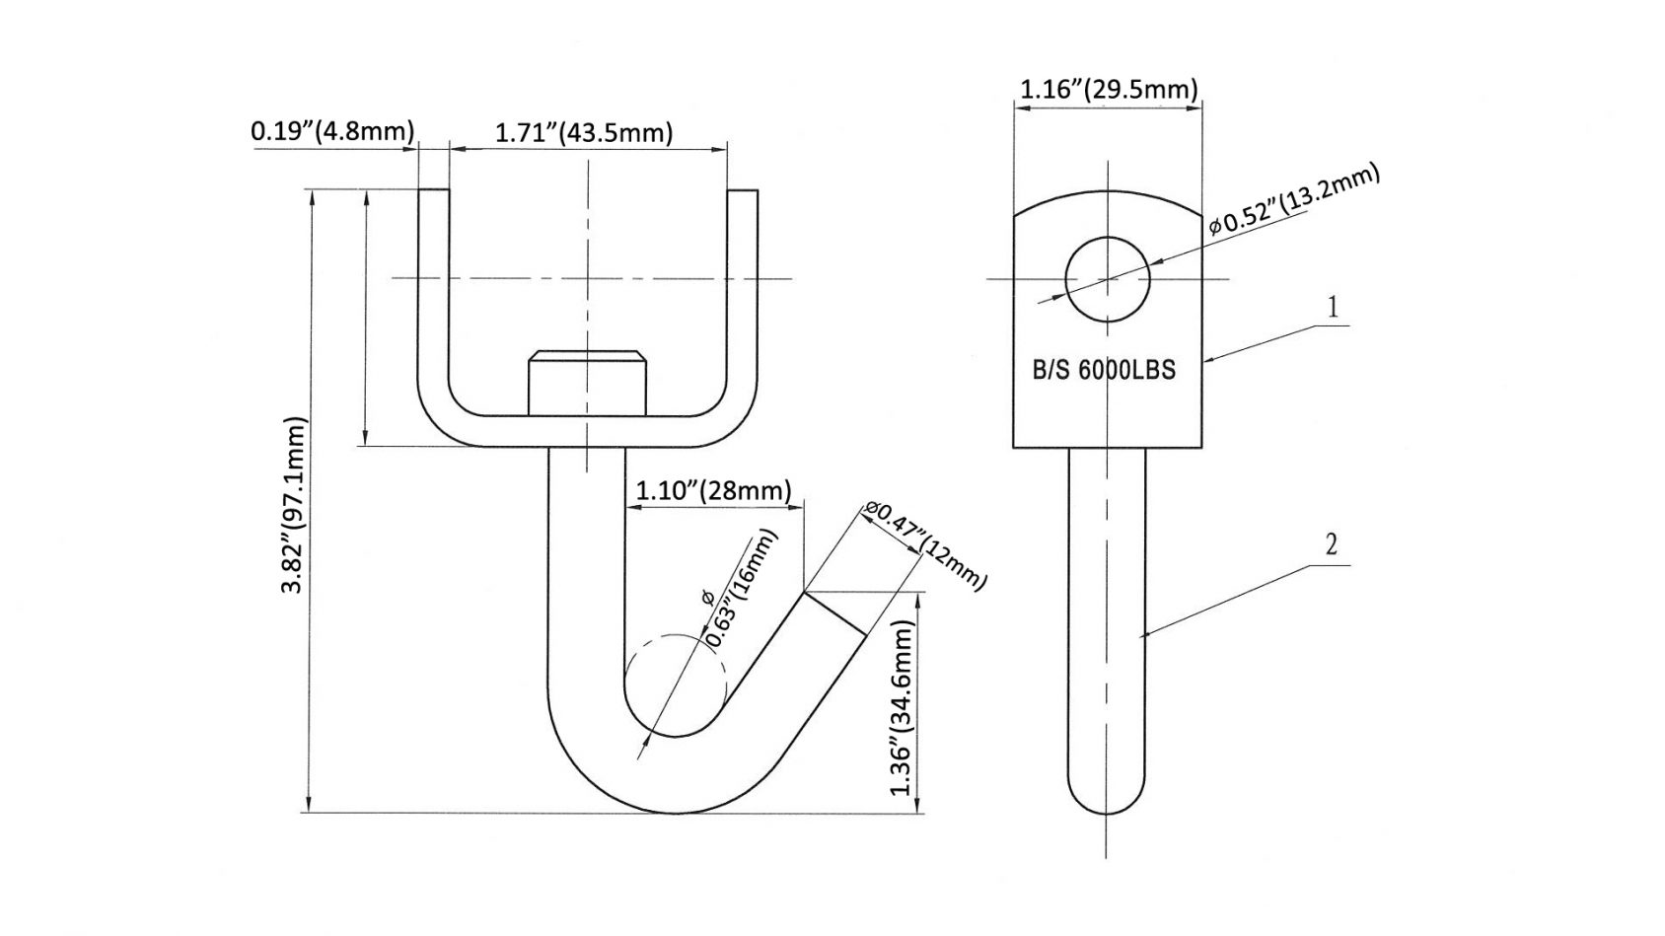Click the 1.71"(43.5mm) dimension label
(x=583, y=133)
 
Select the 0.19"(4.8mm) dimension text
(x=331, y=130)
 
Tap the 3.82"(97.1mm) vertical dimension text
(x=294, y=504)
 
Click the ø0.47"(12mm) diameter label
(x=924, y=544)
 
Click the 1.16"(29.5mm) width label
(x=1108, y=90)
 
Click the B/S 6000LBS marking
(x=1104, y=371)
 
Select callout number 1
(x=1333, y=308)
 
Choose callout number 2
(x=1331, y=544)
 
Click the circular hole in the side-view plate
(x=1107, y=279)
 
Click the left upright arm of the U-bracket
(x=434, y=296)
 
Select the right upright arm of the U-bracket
(x=744, y=296)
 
